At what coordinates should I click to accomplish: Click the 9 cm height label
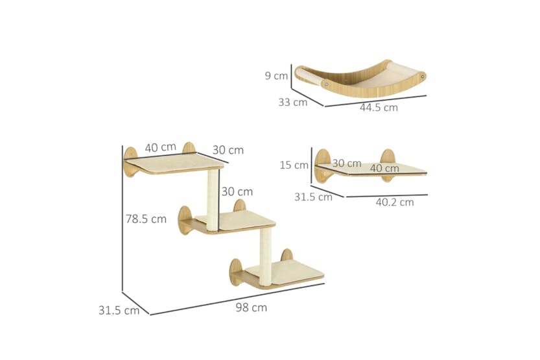pos(276,76)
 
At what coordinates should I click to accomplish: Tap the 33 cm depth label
pos(293,102)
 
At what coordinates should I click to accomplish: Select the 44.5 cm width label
pos(379,108)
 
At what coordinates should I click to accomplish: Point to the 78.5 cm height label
pos(146,219)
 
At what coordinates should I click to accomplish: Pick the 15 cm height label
pos(294,165)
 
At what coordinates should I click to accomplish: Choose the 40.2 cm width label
pos(394,202)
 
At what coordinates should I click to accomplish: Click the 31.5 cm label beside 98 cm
pos(119,310)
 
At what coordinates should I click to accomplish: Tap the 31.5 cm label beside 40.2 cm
pos(313,197)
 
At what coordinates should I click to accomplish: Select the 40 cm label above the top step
pos(161,148)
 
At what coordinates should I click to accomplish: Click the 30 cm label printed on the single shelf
pos(347,163)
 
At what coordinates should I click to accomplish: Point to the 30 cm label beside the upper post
pos(237,191)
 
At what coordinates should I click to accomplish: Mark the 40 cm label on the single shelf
pos(384,168)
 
